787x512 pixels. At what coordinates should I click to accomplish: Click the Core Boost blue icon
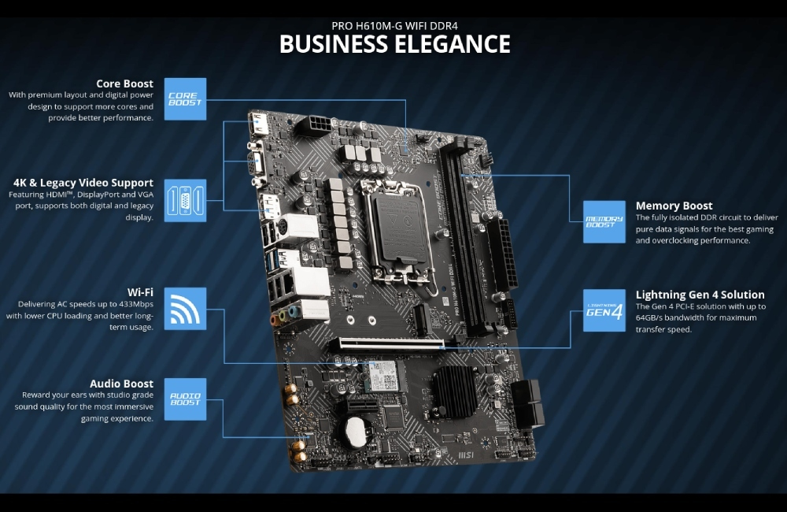185,99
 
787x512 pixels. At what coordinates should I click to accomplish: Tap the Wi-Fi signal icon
185,308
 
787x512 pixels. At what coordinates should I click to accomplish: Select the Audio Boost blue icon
185,399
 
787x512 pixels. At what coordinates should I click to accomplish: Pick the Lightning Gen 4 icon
604,310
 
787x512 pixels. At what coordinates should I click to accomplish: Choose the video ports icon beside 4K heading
185,200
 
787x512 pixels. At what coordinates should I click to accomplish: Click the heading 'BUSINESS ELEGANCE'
394,44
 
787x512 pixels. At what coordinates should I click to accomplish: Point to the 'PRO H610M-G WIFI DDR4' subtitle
394,24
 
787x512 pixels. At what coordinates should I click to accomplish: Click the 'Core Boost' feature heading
124,83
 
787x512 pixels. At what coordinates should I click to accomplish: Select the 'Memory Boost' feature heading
674,206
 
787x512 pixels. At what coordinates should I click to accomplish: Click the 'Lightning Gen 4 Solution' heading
700,295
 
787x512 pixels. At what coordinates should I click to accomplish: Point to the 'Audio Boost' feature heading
121,384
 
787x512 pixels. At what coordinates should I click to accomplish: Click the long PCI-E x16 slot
390,343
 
